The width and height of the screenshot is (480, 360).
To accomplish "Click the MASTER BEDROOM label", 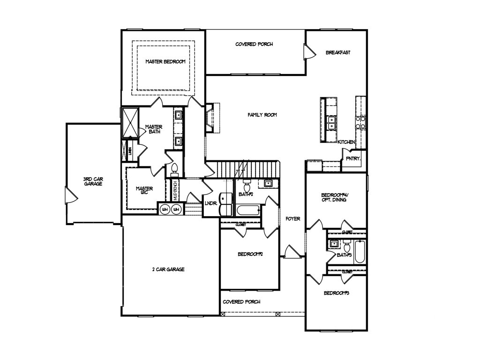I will tap(165, 61).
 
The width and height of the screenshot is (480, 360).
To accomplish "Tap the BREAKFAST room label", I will tap(338, 52).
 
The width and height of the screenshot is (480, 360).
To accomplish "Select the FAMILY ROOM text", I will tap(262, 114).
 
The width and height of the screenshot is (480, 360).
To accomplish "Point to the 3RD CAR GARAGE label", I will tap(93, 181).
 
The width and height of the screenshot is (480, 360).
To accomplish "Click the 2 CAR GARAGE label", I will tap(168, 269).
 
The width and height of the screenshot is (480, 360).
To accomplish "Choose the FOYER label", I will tap(293, 218).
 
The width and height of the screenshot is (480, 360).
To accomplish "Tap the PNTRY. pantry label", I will tap(353, 158).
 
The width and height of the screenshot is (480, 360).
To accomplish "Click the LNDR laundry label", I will tap(210, 203).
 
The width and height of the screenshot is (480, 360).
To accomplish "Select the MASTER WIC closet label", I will tap(144, 191).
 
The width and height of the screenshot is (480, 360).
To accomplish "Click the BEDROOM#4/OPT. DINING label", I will tap(334, 197).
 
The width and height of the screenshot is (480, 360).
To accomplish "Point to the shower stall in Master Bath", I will tap(130, 122).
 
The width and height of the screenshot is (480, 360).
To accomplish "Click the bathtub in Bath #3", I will tap(360, 252).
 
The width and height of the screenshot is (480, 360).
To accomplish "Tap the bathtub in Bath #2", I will tap(246, 211).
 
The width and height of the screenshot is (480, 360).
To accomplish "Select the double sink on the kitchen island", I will tap(332, 123).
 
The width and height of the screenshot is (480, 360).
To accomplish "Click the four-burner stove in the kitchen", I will tap(360, 122).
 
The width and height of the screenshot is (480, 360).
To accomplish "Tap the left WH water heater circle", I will tap(165, 210).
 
